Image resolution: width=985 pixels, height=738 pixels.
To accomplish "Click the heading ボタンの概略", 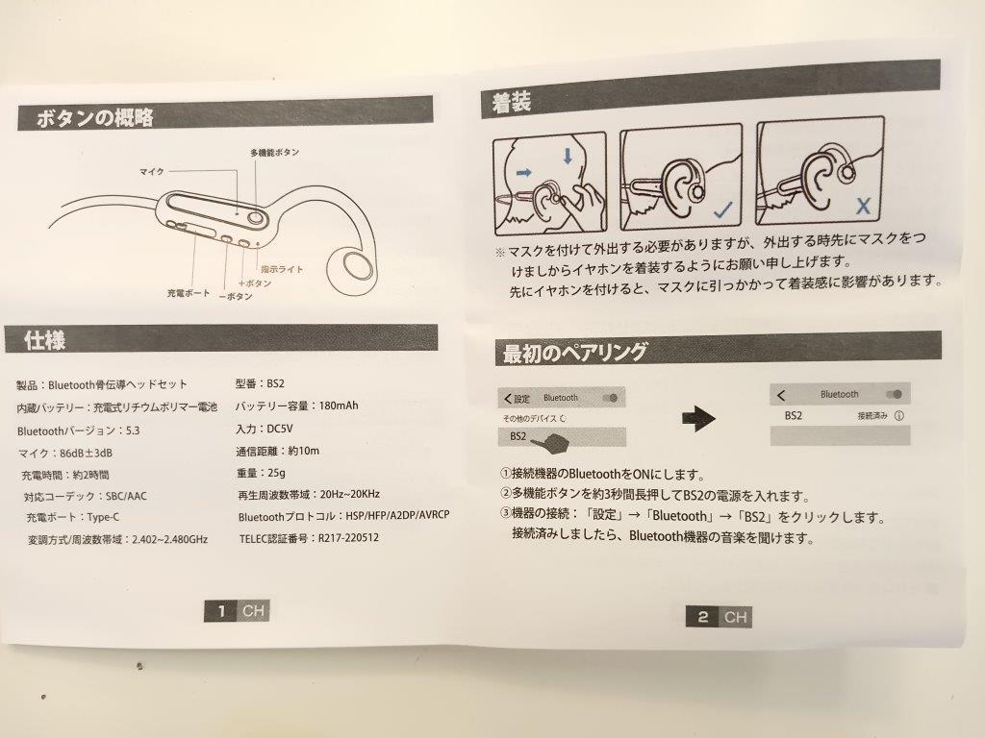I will [x=95, y=119].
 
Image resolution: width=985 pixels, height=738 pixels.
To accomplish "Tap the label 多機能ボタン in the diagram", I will [x=274, y=153].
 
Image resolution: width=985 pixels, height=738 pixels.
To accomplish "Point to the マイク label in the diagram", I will [x=152, y=171].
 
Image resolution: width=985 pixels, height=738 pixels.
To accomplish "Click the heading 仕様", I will [x=47, y=339].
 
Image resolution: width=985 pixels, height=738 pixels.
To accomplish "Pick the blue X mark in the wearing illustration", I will [x=863, y=206].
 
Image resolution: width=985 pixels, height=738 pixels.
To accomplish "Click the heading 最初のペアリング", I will [x=574, y=353].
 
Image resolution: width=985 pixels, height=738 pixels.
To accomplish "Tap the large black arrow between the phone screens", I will [x=699, y=416].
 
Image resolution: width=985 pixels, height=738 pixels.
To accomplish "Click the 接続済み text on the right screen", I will [x=872, y=416].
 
